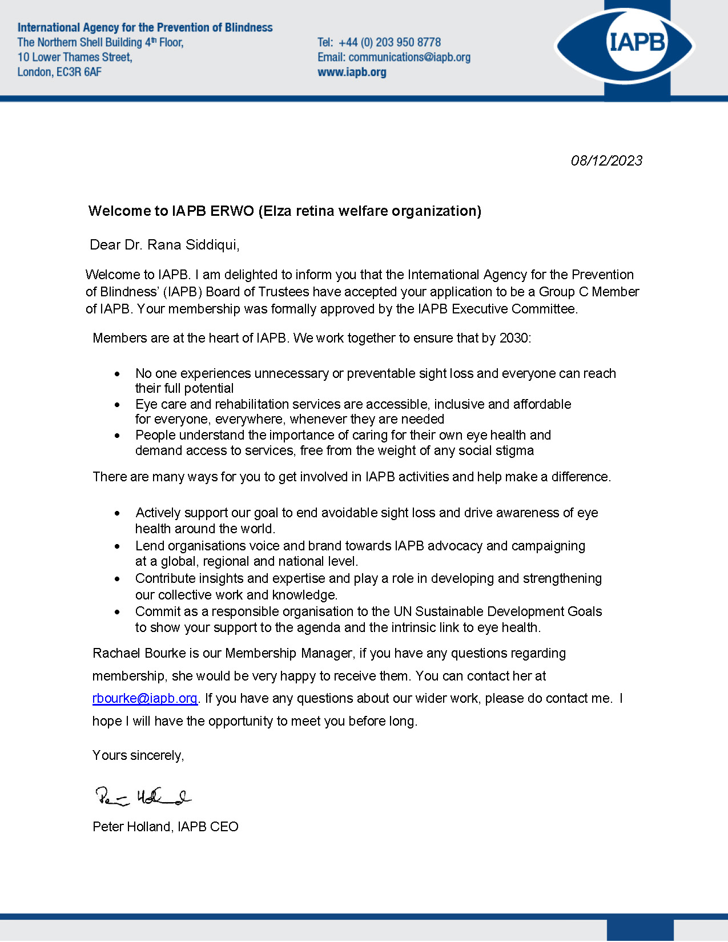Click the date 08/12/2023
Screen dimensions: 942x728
[x=606, y=160]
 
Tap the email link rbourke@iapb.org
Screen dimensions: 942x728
[x=144, y=698]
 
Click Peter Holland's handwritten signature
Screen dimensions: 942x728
[x=143, y=796]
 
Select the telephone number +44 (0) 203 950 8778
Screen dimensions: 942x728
[x=389, y=42]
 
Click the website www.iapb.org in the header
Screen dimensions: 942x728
[x=352, y=72]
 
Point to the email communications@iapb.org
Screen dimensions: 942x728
[x=409, y=57]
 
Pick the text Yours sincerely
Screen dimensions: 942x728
[x=138, y=755]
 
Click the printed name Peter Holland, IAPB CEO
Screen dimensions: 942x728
[x=166, y=827]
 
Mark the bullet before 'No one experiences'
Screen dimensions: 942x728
[x=118, y=374]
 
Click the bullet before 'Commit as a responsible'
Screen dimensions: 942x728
[x=118, y=612]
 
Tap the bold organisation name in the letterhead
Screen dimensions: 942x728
[x=145, y=27]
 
